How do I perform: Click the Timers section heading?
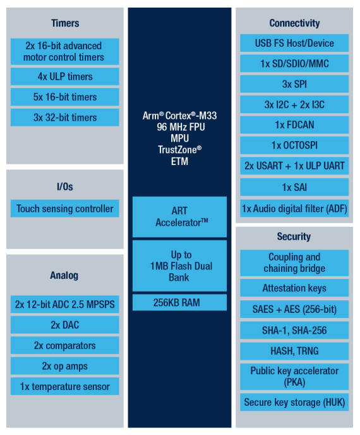tap(65, 23)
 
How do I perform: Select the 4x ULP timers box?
tap(65, 77)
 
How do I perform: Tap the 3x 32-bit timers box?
tap(65, 118)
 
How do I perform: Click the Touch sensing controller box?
tap(65, 209)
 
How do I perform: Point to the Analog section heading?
tap(64, 276)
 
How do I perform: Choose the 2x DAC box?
tap(65, 325)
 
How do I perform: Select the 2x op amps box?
tap(65, 366)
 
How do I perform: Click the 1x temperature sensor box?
tap(65, 386)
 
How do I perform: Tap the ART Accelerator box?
tap(179, 217)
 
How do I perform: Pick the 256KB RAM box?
tap(179, 302)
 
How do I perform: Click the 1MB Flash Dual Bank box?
tap(179, 266)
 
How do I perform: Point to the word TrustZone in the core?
tap(177, 150)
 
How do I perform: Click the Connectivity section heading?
tap(294, 23)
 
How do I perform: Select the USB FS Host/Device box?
tap(294, 43)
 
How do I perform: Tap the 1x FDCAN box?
tap(294, 125)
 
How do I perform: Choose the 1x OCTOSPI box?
tap(294, 145)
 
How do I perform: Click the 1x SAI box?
tap(294, 187)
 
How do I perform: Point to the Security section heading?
tap(294, 236)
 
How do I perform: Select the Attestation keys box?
tap(294, 288)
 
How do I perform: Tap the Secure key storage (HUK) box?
tap(294, 402)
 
